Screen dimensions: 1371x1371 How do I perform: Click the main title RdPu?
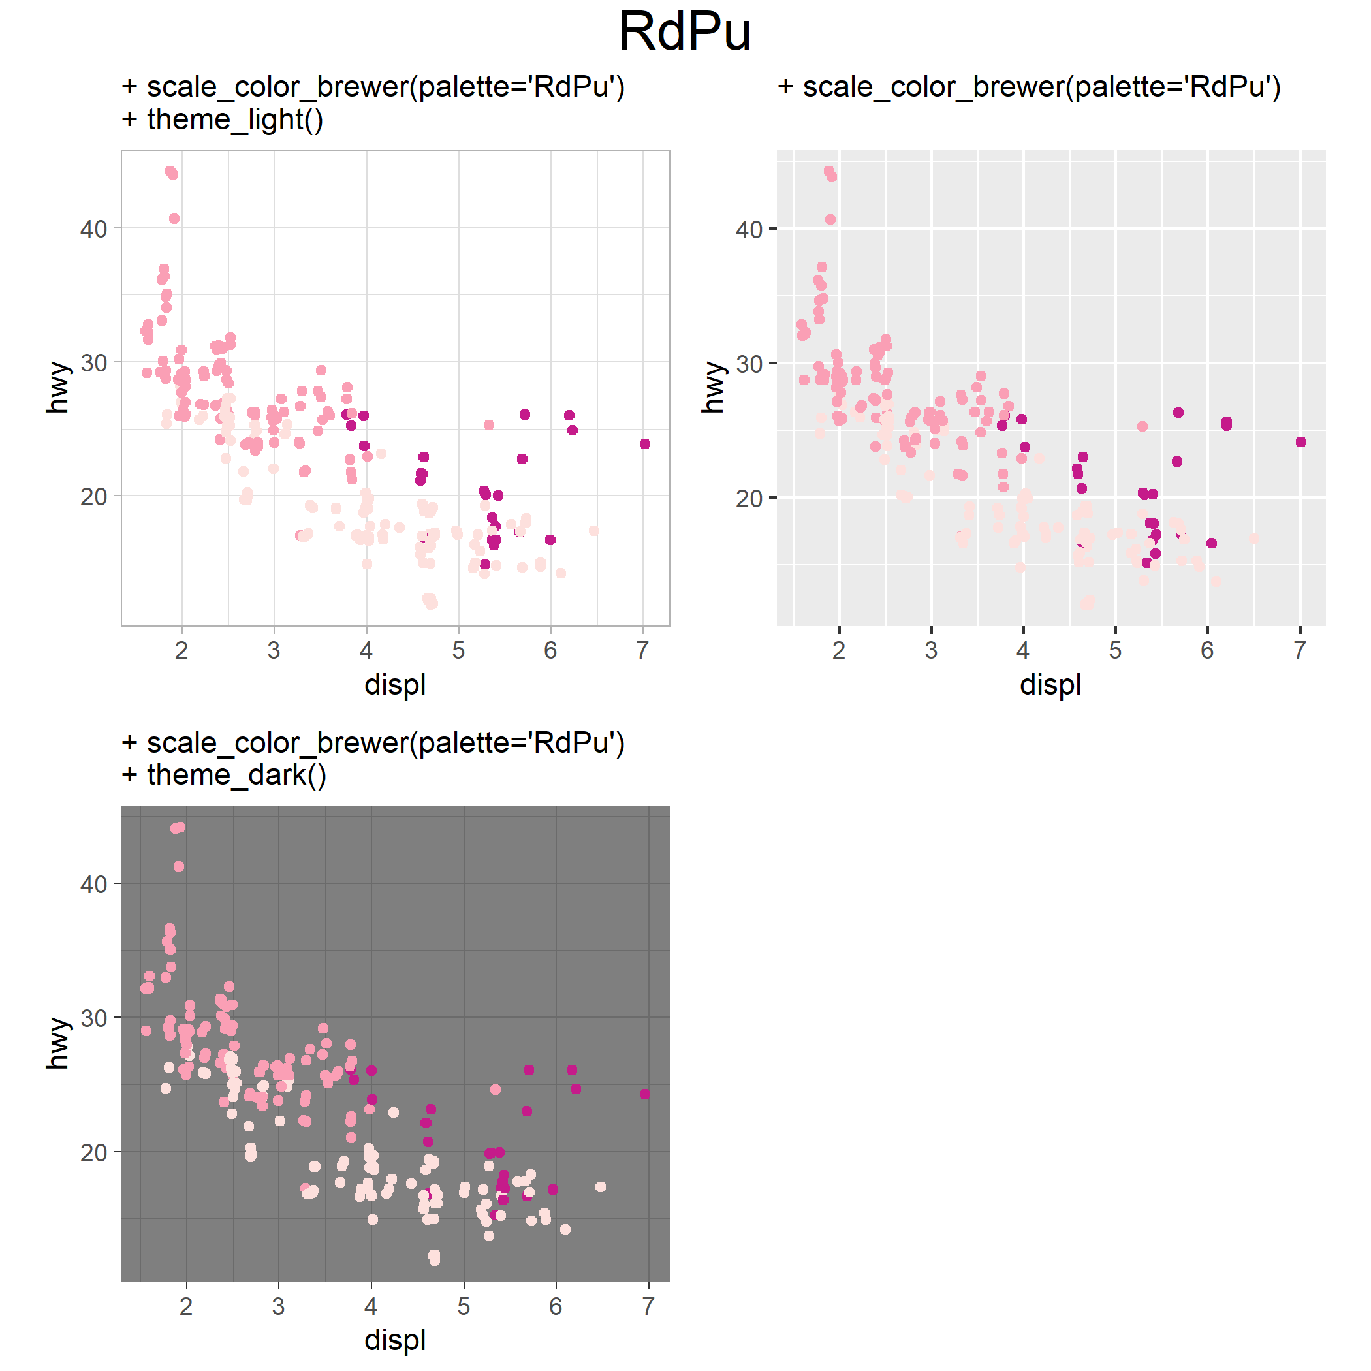coord(685,32)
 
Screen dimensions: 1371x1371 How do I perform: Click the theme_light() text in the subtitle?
coord(235,119)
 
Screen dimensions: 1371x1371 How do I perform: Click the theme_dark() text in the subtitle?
coord(237,775)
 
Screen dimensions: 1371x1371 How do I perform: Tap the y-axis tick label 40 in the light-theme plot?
coord(93,229)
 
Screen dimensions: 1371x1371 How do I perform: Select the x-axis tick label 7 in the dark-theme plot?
coord(648,1306)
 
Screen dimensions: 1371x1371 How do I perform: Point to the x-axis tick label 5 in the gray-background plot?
coord(1116,650)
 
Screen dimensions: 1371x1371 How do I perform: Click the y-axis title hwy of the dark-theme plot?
coord(58,1043)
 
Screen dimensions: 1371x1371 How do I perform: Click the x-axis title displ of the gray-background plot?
coord(1050,685)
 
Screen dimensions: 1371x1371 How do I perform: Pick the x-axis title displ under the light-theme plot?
coord(395,685)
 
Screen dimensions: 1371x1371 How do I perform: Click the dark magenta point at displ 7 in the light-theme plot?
coord(645,444)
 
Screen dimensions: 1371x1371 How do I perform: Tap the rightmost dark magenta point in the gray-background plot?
coord(1300,442)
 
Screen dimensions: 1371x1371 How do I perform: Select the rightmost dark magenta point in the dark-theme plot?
coord(645,1094)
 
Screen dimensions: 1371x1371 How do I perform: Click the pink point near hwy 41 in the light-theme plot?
coord(174,219)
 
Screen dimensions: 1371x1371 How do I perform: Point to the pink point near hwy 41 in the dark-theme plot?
coord(179,866)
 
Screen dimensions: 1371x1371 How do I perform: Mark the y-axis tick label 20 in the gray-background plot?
coord(749,499)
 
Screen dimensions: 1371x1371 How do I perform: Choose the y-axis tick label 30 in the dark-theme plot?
coord(93,1018)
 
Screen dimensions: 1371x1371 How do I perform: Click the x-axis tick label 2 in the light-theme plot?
coord(181,650)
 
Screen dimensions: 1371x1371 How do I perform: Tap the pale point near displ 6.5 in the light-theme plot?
coord(594,531)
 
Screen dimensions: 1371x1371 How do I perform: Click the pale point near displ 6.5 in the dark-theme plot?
coord(601,1187)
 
